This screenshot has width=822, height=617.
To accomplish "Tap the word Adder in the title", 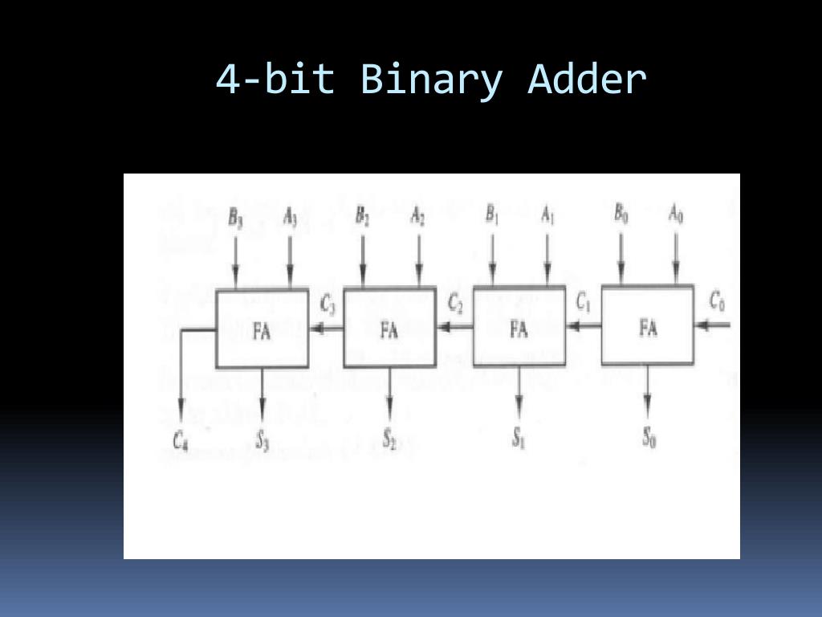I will (587, 80).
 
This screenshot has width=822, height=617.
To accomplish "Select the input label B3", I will (236, 217).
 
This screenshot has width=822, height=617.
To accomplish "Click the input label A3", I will (291, 217).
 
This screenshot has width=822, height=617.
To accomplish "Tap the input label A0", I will (677, 215).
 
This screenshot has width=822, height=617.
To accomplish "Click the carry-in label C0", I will (718, 301).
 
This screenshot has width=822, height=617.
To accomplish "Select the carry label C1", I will (584, 302).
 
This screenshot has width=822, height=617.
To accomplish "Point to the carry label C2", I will (456, 304).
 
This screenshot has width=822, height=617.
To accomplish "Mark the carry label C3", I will (328, 304).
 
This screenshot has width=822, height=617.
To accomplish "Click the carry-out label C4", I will (181, 439).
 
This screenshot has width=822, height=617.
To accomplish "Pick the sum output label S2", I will (389, 439).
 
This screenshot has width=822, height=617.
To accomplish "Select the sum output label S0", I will (649, 438).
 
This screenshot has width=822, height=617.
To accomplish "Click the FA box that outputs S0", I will (648, 327).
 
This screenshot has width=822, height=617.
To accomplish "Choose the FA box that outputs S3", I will (262, 330).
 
